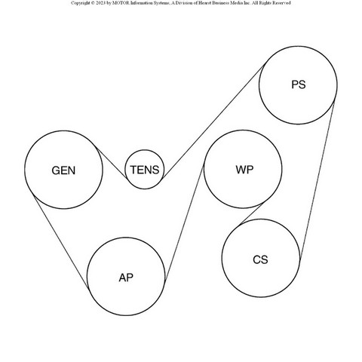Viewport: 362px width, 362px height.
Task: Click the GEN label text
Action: pos(63,170)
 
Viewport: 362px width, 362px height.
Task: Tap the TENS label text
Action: pos(145,170)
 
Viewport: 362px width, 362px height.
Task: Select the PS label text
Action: pos(299,84)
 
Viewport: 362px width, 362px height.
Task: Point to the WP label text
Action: pos(244,170)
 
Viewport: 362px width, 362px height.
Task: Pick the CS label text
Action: pos(260,259)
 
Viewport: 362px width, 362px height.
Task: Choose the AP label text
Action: pos(126,278)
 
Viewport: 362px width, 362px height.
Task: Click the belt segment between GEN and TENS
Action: pos(112,163)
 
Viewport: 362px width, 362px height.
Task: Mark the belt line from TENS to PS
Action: pos(213,121)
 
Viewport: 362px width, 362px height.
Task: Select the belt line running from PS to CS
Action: pos(317,180)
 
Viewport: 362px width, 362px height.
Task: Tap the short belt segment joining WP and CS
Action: pos(252,213)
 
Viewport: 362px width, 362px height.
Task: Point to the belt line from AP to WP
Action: pos(184,223)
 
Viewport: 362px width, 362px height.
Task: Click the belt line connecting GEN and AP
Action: pos(61,242)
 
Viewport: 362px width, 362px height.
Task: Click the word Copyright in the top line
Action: pos(80,3)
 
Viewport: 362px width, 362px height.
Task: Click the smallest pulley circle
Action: pos(145,150)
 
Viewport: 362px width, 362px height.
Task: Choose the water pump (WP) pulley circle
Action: pos(243,130)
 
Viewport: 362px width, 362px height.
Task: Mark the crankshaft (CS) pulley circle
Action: pos(261,219)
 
